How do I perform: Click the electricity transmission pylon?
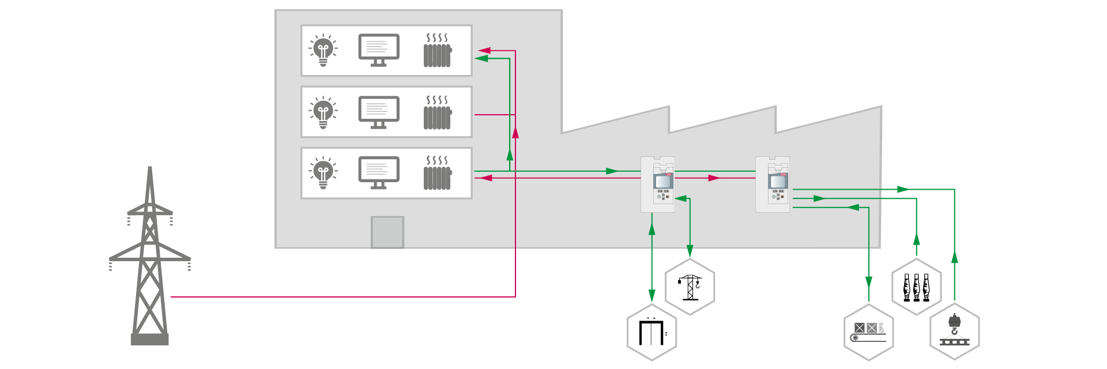coord(150,259)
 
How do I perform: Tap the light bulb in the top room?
coord(323,51)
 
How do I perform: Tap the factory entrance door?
coord(387,232)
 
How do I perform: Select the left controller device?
coord(658,184)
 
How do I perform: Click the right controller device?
coord(773,184)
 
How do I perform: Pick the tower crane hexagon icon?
coord(690,287)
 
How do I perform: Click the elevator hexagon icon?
coord(652,333)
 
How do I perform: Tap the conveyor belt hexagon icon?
coord(868,333)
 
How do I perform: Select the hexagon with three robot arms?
coord(916,287)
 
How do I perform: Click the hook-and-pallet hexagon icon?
coord(954,333)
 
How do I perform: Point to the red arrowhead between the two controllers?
coord(714,178)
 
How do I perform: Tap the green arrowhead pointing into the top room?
coord(482,58)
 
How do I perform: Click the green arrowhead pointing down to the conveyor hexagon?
coord(868,282)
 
